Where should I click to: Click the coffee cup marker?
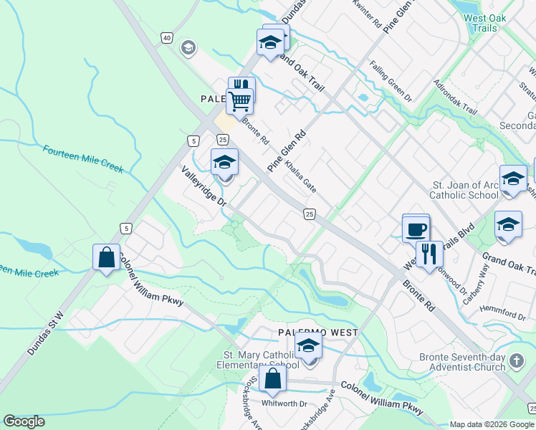pyautogui.click(x=416, y=229)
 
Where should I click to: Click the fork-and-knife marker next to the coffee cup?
pyautogui.click(x=429, y=255)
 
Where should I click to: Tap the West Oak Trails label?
pyautogui.click(x=485, y=24)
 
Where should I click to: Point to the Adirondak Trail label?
pyautogui.click(x=455, y=98)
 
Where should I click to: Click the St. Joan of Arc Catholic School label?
pyautogui.click(x=464, y=190)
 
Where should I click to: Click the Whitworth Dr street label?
pyautogui.click(x=283, y=404)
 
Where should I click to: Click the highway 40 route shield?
pyautogui.click(x=167, y=37)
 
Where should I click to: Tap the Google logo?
pyautogui.click(x=24, y=421)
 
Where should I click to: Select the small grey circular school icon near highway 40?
pyautogui.click(x=188, y=48)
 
